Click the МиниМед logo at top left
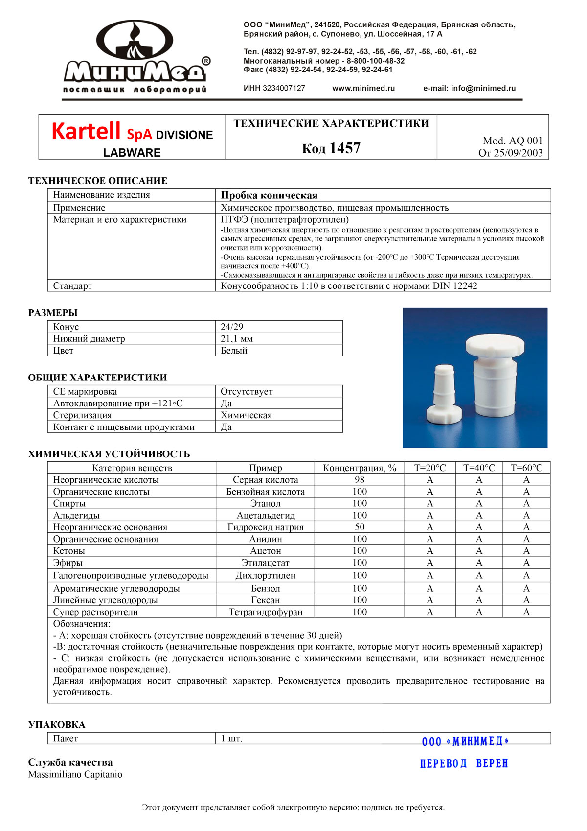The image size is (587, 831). [136, 57]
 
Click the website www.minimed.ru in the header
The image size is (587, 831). [363, 88]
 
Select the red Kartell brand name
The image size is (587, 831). [86, 131]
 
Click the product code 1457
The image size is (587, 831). [345, 148]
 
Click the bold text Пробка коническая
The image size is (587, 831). [269, 195]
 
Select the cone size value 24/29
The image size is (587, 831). [232, 327]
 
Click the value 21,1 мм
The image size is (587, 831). [237, 338]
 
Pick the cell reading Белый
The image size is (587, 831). [234, 351]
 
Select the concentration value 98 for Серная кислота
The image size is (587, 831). [360, 480]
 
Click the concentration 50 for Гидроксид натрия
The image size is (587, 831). [360, 527]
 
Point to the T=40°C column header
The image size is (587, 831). [479, 468]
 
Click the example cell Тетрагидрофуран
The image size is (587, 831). [266, 612]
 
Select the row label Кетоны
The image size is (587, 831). [69, 551]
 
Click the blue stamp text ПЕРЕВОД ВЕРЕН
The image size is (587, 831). [464, 763]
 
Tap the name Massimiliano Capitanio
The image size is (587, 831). [75, 774]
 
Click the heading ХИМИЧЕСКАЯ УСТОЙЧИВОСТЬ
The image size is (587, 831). [109, 454]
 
